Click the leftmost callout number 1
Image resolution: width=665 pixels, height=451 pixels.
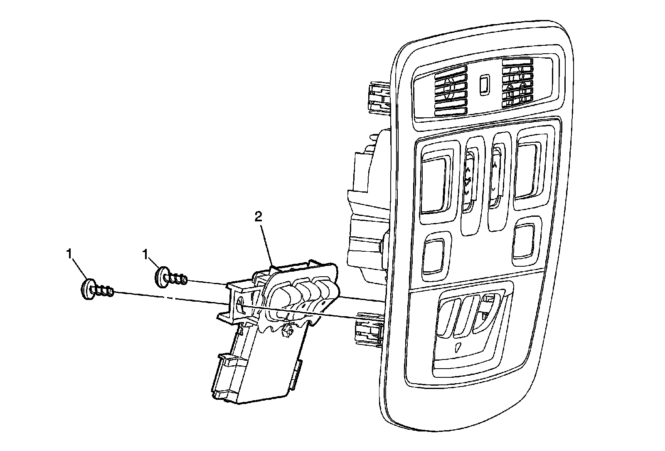(x=69, y=253)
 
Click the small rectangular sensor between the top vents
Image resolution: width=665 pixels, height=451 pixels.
(x=484, y=85)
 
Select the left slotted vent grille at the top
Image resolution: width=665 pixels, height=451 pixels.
(x=451, y=92)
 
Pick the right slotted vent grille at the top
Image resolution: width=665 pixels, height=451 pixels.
(x=517, y=84)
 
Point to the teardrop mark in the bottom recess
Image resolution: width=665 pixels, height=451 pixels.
(x=458, y=348)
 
